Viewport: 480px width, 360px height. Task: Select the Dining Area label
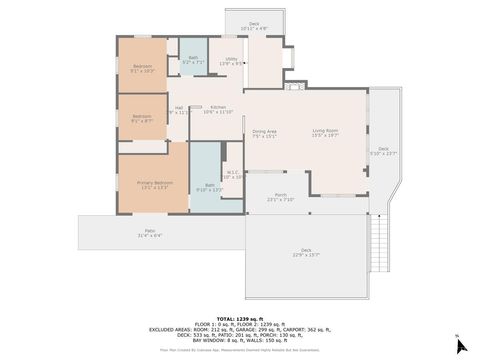(x=265, y=133)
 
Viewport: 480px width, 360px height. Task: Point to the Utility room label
(x=231, y=61)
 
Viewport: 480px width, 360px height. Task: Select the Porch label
(x=280, y=197)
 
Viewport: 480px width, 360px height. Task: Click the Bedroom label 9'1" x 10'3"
(x=141, y=68)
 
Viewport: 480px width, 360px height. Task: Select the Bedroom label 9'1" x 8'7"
(x=141, y=118)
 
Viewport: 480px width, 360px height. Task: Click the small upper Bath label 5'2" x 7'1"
(x=193, y=59)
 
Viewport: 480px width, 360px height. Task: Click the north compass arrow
(x=460, y=345)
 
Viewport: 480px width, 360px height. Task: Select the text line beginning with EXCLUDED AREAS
(x=239, y=329)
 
